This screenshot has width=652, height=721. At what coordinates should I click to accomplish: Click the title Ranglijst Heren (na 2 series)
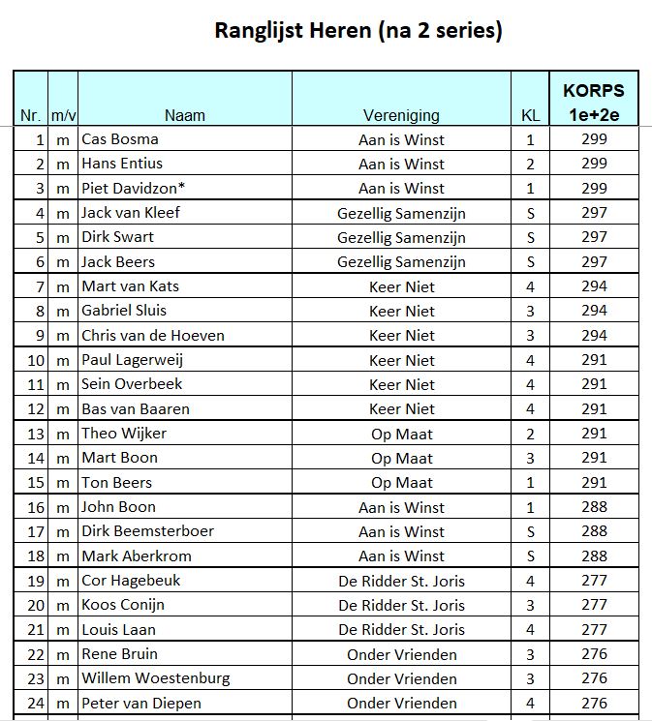tap(357, 31)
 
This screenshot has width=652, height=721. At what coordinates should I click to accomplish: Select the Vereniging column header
tap(401, 115)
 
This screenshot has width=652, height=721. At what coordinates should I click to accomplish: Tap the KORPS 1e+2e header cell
tap(593, 103)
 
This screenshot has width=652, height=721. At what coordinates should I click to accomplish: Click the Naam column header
tap(184, 115)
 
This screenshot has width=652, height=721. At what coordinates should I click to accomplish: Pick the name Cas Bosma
tap(120, 139)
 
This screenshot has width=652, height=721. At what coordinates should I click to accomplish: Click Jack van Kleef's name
tap(131, 213)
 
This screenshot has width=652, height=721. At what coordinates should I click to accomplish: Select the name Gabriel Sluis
tap(124, 311)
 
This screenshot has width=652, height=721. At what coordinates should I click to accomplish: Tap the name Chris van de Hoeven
tap(153, 336)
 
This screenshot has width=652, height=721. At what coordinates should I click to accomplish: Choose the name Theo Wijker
tap(124, 434)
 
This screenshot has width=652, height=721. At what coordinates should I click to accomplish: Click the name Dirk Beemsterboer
tap(148, 531)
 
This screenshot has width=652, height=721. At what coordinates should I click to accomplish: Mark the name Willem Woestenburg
tap(156, 678)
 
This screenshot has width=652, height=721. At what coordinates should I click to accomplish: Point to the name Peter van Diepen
tap(142, 703)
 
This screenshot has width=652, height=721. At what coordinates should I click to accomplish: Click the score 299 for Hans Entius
tap(594, 164)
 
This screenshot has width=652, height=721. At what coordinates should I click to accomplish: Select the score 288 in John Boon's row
tap(594, 506)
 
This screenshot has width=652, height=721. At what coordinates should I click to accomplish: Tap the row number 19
tap(36, 581)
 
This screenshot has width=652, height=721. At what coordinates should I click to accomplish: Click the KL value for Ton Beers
tap(530, 482)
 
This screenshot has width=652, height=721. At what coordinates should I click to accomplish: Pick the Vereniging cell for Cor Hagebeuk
tap(401, 581)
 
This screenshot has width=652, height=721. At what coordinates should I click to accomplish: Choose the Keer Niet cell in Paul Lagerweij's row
tap(401, 360)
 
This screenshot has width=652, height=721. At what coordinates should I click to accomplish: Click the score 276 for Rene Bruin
tap(594, 653)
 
